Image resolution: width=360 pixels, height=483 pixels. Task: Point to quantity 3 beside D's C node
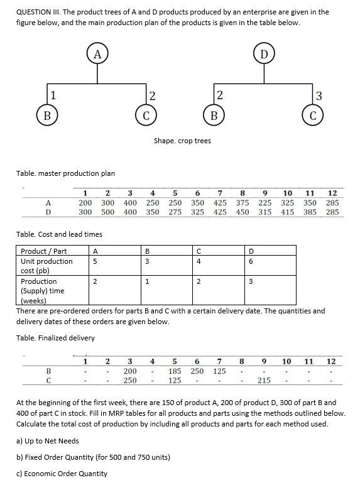point(319,96)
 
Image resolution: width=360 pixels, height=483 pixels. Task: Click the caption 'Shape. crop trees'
point(182,141)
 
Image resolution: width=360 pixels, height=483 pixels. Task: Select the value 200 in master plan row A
point(85,204)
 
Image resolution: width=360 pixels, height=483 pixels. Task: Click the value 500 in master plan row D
point(107,212)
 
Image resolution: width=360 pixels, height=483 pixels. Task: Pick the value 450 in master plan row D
point(243,212)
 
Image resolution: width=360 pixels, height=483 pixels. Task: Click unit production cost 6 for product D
point(250,261)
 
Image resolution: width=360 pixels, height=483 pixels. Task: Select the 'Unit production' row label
point(46,261)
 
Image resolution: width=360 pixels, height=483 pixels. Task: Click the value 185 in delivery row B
point(175,371)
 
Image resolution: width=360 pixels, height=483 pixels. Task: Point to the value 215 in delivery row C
point(264,381)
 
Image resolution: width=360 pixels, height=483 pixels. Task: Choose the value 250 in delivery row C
point(130,381)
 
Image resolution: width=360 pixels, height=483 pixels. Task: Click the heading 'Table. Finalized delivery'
point(56,338)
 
